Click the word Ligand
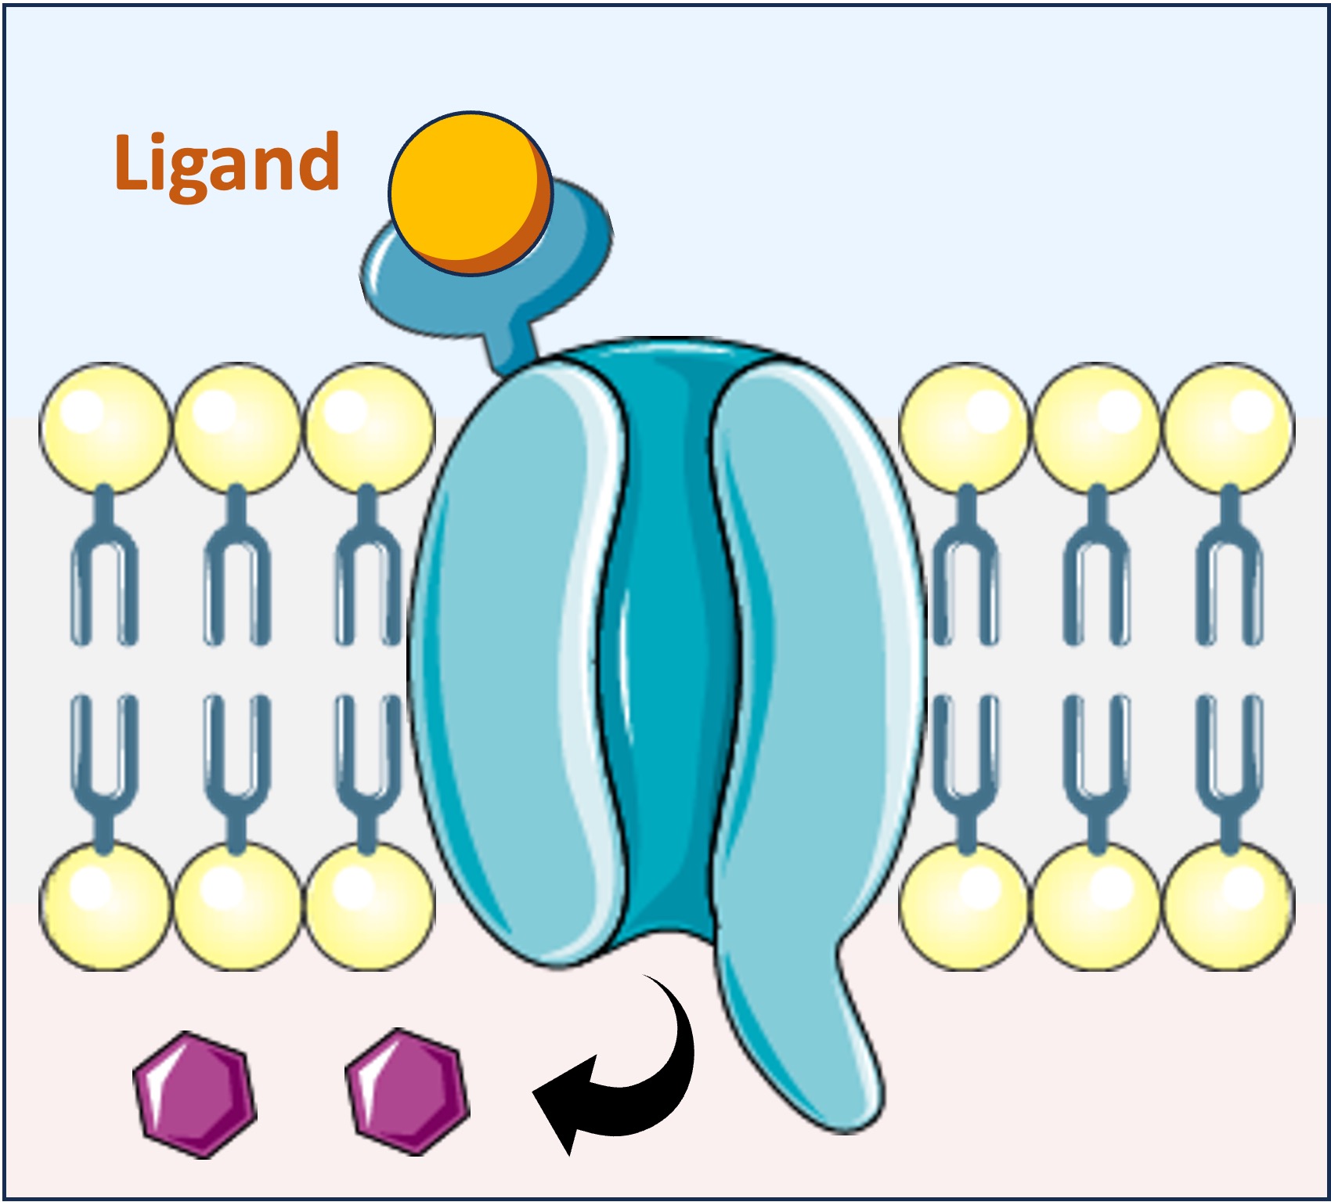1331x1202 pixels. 226,162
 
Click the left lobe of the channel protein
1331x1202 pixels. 509,666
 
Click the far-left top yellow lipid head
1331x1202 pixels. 104,428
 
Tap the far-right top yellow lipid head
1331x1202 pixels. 1228,428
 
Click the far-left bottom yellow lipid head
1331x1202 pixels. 104,907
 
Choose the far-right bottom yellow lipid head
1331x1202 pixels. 1228,907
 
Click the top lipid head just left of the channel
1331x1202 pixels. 368,428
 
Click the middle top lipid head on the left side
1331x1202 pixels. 236,428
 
